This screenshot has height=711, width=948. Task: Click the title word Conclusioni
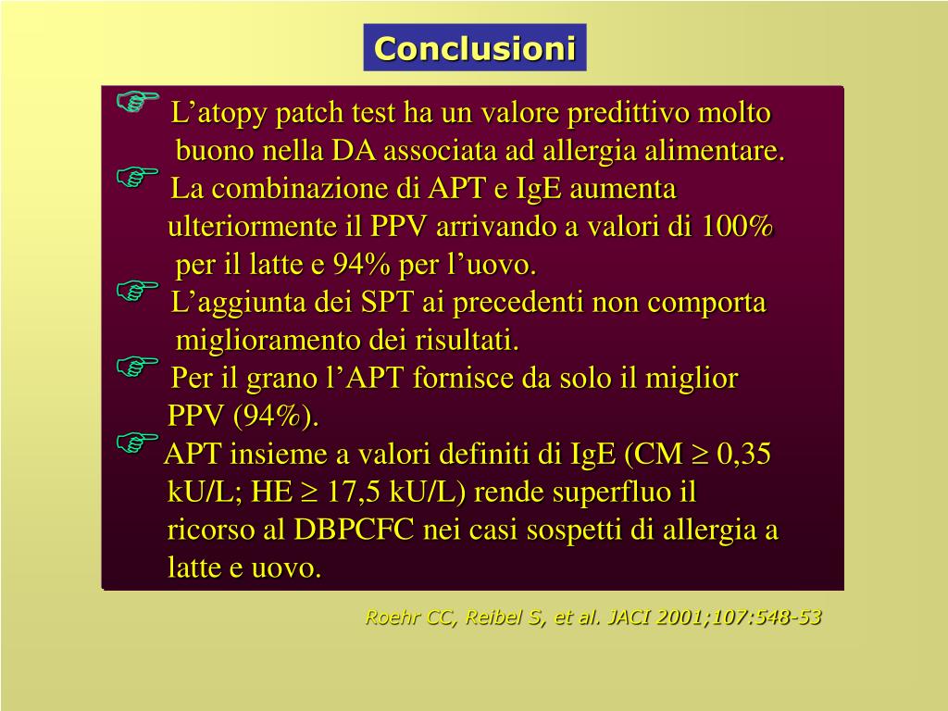click(475, 48)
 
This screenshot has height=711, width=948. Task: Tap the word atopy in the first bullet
click(231, 114)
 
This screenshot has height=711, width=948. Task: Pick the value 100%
click(738, 226)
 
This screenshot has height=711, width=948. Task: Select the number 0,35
click(743, 454)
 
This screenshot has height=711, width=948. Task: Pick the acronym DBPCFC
click(354, 530)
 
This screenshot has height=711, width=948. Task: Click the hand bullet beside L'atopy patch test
click(137, 101)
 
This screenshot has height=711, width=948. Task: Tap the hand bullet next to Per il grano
click(137, 367)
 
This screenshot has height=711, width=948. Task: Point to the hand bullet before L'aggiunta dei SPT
click(137, 291)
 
